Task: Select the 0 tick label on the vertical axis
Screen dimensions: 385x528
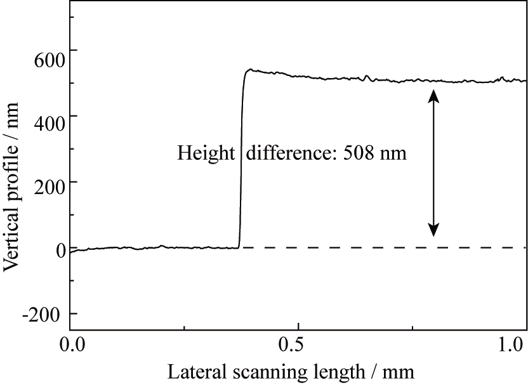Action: (x=60, y=249)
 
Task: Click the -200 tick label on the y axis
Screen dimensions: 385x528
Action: (x=47, y=315)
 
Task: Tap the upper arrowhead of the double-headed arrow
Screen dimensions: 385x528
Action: (x=433, y=95)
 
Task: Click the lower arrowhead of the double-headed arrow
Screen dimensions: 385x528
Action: (x=433, y=230)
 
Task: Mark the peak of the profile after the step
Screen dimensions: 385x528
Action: (x=250, y=70)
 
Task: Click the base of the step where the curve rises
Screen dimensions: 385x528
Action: (x=239, y=247)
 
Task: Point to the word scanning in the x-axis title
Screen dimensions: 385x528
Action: (x=254, y=372)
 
